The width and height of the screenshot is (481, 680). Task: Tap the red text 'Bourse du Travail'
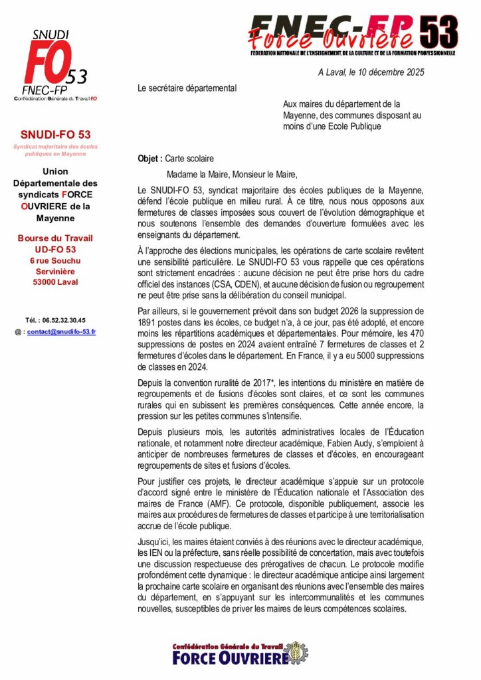pos(55,238)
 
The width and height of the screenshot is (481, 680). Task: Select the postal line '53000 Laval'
pos(55,282)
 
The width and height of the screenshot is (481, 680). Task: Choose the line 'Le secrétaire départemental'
pos(187,88)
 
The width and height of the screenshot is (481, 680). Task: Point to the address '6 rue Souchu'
pos(55,260)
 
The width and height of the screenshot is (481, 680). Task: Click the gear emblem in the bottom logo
pos(297,653)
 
